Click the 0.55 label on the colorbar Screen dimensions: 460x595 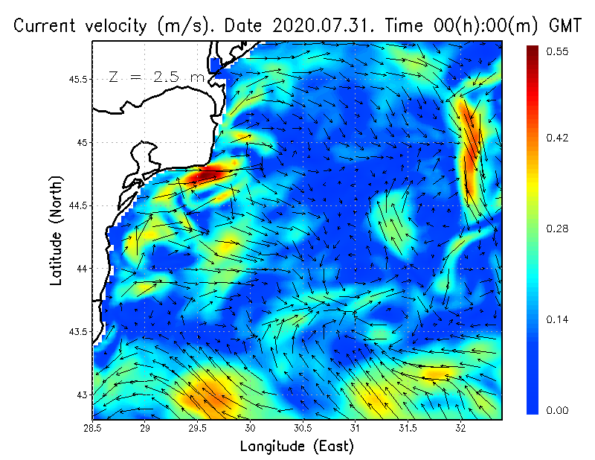(x=559, y=51)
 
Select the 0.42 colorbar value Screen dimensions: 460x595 (x=559, y=138)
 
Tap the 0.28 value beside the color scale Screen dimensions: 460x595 (x=559, y=229)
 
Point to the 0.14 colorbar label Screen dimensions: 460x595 (x=559, y=319)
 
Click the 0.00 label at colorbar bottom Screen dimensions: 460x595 (x=559, y=410)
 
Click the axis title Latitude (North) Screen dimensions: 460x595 (x=56, y=231)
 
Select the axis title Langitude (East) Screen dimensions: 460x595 (x=297, y=447)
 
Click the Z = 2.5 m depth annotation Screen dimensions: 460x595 (x=156, y=77)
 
